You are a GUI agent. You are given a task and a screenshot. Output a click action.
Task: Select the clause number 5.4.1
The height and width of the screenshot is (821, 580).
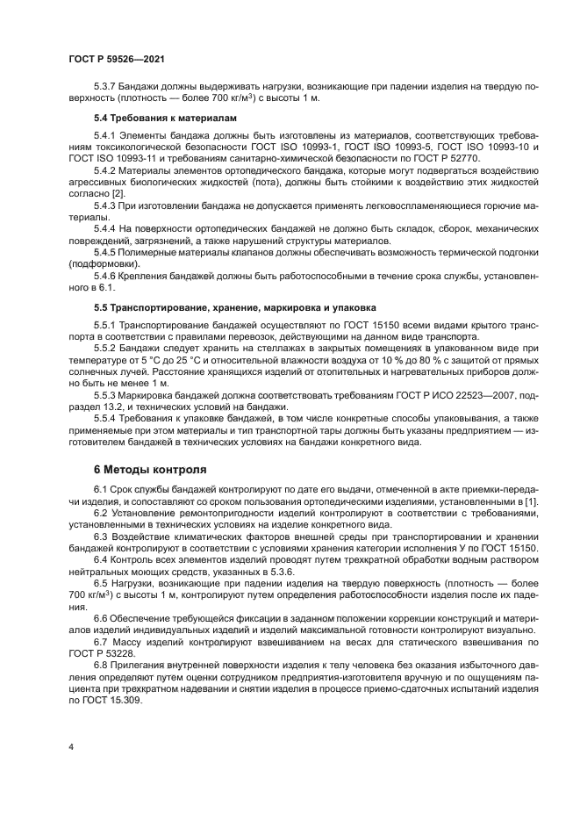pyautogui.click(x=107, y=136)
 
